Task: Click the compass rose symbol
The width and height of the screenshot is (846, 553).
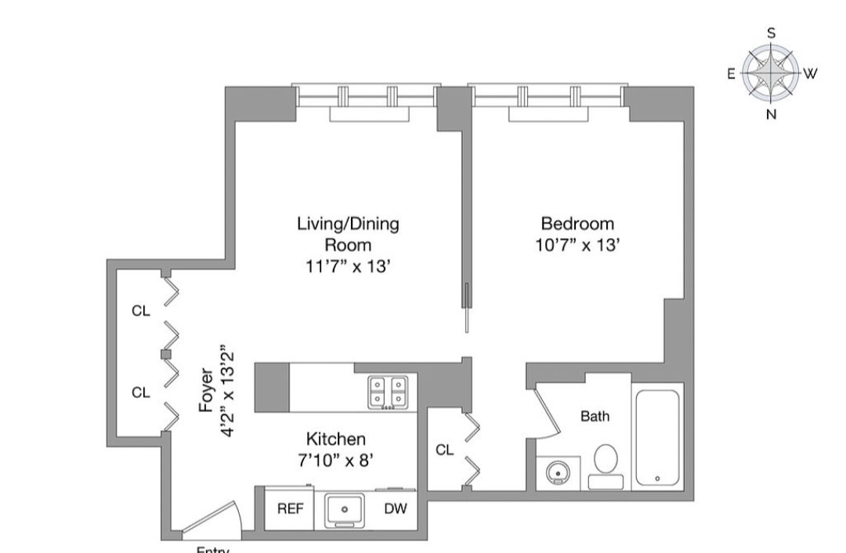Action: [x=771, y=74]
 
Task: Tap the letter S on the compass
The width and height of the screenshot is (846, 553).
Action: [x=772, y=33]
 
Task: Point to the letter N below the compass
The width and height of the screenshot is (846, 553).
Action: [x=771, y=114]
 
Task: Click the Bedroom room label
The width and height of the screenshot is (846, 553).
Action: [x=577, y=224]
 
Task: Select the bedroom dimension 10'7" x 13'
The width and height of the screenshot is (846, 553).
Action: [x=577, y=245]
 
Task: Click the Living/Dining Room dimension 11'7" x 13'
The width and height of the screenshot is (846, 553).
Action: [x=348, y=266]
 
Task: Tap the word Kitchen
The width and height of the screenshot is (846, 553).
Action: [x=335, y=439]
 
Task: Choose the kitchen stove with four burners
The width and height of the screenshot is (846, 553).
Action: [x=389, y=392]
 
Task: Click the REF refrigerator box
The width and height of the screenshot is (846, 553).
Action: [x=290, y=508]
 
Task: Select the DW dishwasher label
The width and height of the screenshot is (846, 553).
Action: [x=395, y=508]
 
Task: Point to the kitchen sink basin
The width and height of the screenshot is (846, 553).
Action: [x=345, y=510]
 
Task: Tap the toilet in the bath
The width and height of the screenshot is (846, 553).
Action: [x=605, y=461]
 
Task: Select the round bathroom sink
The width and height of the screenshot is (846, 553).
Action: [x=558, y=473]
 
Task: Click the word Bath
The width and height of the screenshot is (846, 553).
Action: [x=595, y=417]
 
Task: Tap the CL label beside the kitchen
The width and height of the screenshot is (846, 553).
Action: [x=444, y=450]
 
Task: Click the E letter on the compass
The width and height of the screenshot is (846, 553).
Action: [x=731, y=74]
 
